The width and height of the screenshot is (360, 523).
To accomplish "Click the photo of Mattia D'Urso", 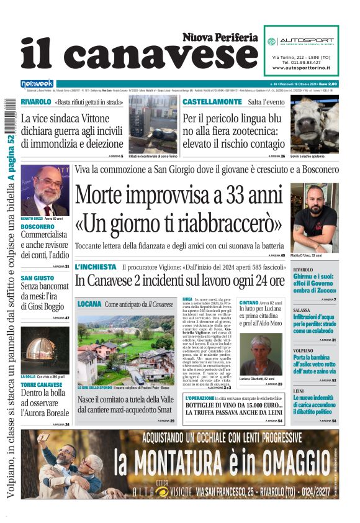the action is point(315,217).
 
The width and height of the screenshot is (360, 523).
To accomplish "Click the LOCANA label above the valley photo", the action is point(89,304).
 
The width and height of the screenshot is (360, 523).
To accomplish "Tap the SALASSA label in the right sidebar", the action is point(302,309).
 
